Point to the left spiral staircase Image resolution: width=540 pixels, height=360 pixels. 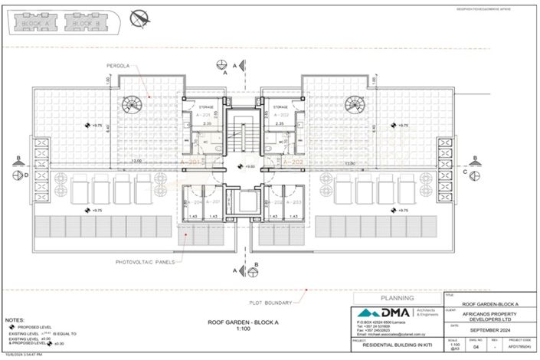[134, 103]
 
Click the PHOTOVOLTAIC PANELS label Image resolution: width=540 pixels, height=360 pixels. [144, 261]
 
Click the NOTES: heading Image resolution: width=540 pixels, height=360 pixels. [15, 317]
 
